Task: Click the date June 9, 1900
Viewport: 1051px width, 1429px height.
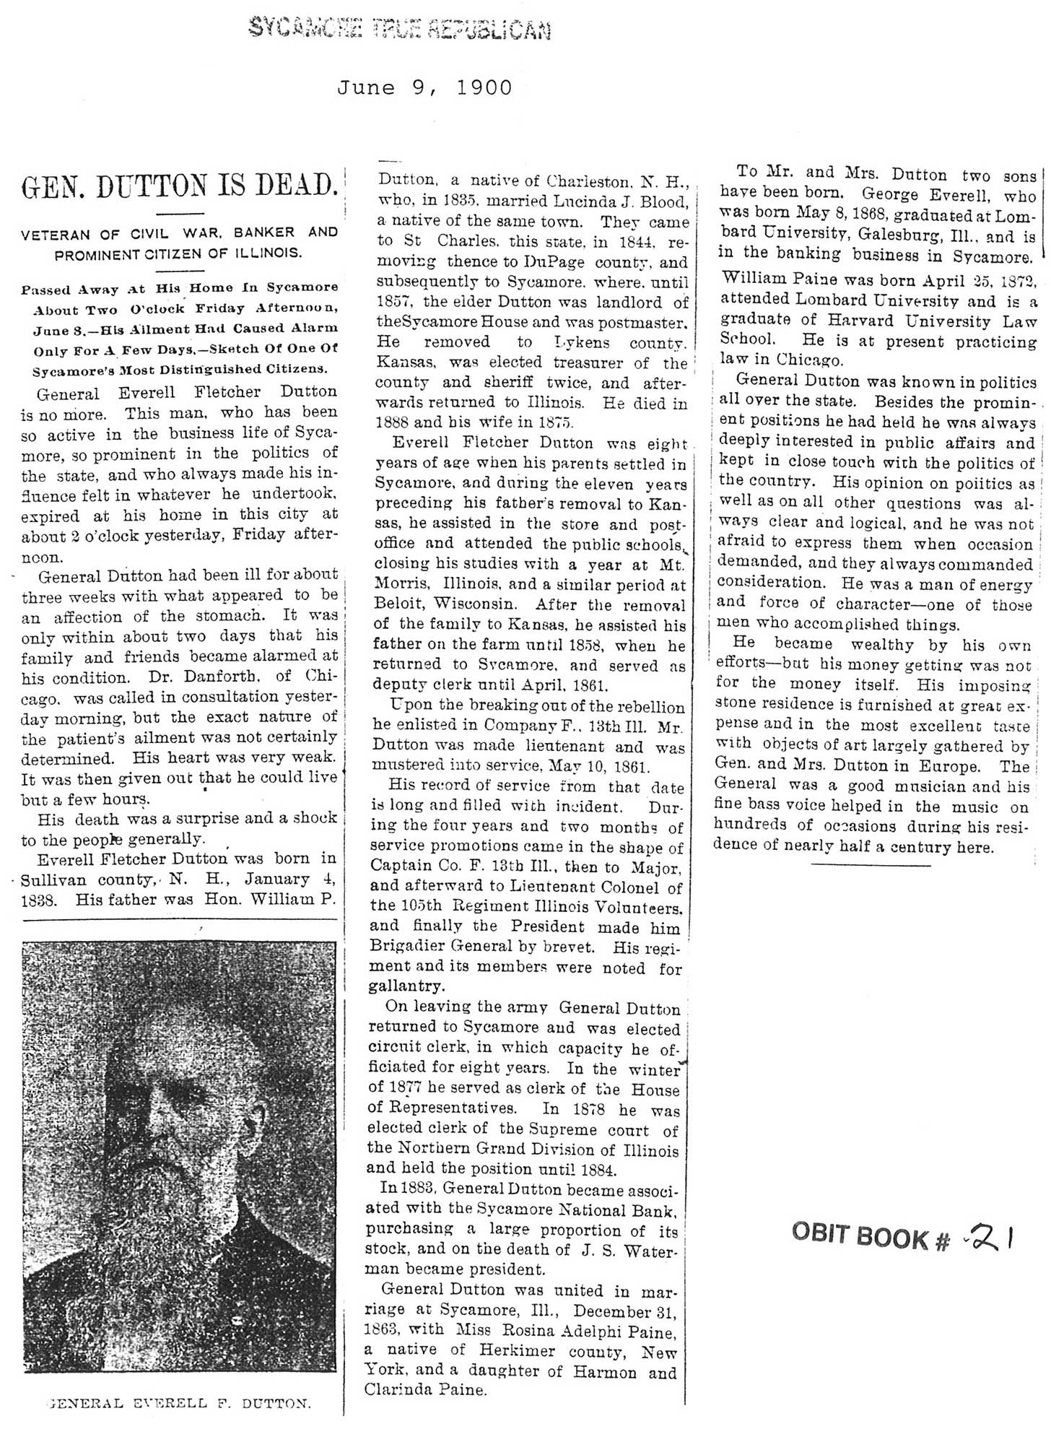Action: tap(424, 87)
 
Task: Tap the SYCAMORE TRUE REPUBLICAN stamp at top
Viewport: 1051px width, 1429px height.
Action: tap(399, 29)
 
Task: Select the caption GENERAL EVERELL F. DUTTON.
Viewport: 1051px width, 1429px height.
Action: tap(178, 1404)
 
